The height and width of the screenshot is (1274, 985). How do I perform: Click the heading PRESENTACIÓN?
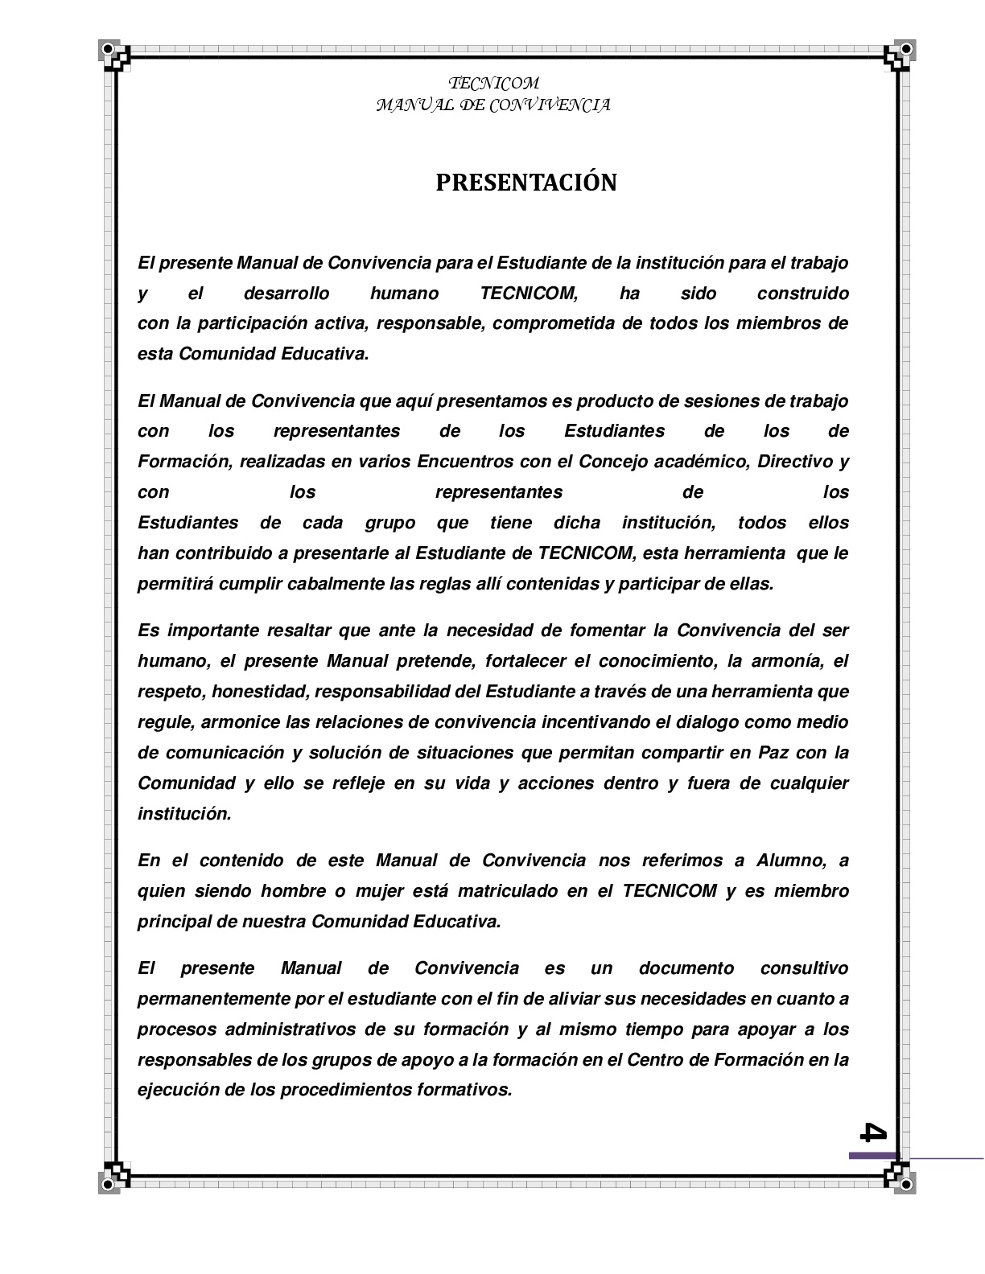click(x=526, y=183)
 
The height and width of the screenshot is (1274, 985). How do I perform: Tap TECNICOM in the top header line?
click(x=493, y=84)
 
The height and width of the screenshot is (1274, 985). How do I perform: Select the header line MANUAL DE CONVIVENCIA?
click(x=493, y=105)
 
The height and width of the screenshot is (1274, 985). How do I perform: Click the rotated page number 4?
click(x=873, y=1132)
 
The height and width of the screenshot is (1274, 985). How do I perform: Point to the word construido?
click(x=802, y=294)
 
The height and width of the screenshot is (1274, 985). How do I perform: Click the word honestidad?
click(x=262, y=692)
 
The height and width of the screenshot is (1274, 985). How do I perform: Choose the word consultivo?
click(x=804, y=968)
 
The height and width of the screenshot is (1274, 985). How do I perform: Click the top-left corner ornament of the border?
click(x=115, y=56)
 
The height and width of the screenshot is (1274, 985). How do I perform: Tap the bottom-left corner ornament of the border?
click(x=115, y=1176)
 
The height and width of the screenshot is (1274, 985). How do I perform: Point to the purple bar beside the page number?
click(x=873, y=1156)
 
